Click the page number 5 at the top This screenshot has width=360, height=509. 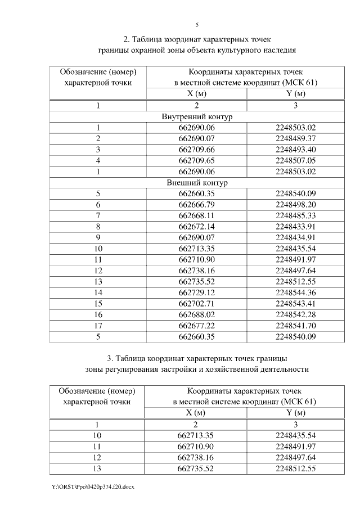pos(197,25)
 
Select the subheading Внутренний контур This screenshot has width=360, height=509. pos(197,117)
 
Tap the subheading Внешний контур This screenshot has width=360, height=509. pos(197,183)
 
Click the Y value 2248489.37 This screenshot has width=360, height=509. pos(296,138)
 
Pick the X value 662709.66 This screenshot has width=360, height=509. pos(197,150)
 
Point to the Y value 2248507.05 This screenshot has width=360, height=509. pos(296,160)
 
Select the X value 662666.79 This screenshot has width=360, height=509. pos(197,204)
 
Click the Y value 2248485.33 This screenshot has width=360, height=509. pos(296,215)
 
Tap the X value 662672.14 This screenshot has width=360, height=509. pos(197,226)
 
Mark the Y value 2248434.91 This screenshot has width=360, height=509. pos(296,237)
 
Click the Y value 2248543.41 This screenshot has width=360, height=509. pos(296,303)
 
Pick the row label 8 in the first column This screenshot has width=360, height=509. pos(98,226)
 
